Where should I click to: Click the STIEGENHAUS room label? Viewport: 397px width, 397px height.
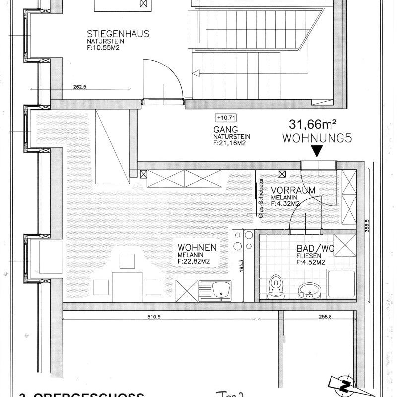118,34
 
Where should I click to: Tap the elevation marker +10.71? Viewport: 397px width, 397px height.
224,118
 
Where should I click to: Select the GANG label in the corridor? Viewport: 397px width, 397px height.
224,130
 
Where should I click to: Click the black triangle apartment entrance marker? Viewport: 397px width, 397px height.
317,151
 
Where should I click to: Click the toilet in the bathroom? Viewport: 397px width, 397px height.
274,286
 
